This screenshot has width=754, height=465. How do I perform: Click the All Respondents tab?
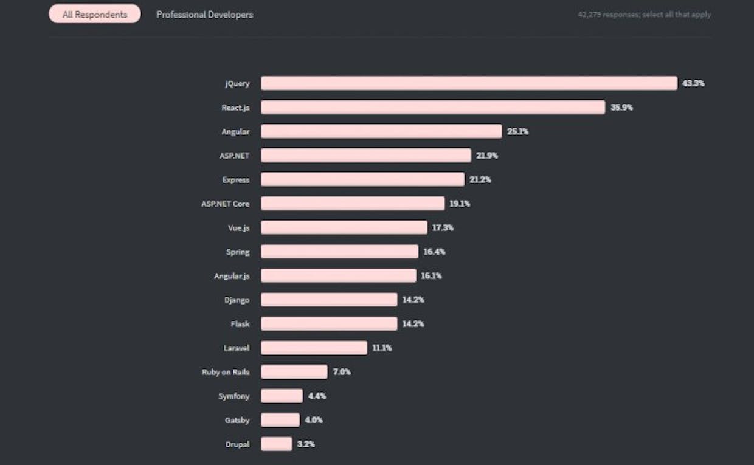pos(95,14)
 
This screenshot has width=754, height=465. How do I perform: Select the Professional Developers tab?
pos(204,14)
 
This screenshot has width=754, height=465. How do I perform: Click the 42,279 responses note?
pos(644,15)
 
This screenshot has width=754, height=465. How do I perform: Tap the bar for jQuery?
pos(469,83)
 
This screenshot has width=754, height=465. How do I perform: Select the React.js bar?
pos(433,108)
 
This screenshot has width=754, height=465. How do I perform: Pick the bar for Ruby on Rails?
pos(294,372)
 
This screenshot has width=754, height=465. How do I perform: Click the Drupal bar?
pos(277,444)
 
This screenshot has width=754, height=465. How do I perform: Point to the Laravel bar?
pos(314,348)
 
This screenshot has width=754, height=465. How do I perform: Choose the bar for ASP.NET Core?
pos(353,204)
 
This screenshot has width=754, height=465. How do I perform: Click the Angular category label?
pos(235,131)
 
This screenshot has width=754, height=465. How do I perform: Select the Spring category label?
pos(238,252)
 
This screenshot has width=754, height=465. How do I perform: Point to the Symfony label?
pos(234,396)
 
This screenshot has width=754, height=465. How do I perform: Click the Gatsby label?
pos(237,420)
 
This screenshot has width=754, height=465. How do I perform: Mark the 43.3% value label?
pos(693,83)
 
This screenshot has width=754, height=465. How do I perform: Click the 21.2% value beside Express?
pos(480,179)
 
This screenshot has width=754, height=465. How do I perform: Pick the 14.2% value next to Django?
pos(413,300)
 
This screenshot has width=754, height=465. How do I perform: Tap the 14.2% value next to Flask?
pos(413,324)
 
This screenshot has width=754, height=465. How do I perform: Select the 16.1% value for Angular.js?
pos(431,276)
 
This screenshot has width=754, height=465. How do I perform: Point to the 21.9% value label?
pos(487,156)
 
